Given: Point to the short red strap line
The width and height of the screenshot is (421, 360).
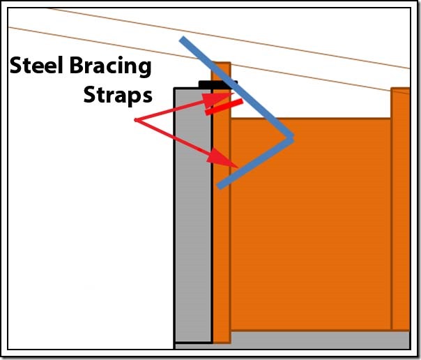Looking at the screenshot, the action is point(224,107).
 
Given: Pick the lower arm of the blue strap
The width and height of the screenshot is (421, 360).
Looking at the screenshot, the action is point(254,162).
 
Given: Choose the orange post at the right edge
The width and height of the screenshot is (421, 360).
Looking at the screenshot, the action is point(400,209).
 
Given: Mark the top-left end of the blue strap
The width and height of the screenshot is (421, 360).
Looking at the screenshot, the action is point(183,40).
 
